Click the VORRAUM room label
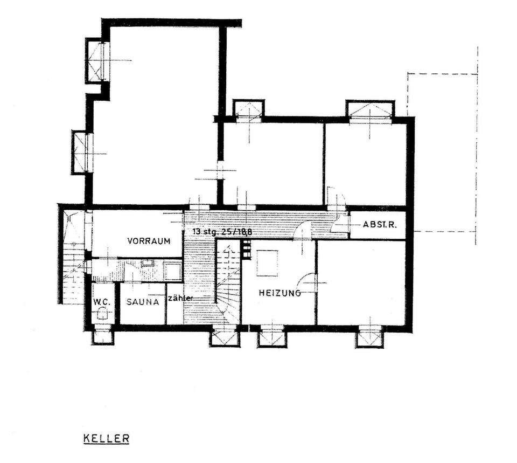point(149,241)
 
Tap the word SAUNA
point(143,302)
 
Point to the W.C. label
point(101,302)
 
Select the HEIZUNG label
point(279,293)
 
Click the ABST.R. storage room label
point(380,224)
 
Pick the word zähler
point(180,298)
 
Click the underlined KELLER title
point(106,438)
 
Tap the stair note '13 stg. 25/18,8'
point(222,232)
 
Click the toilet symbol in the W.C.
point(102,317)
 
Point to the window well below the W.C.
point(102,337)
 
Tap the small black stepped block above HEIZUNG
point(246,250)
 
